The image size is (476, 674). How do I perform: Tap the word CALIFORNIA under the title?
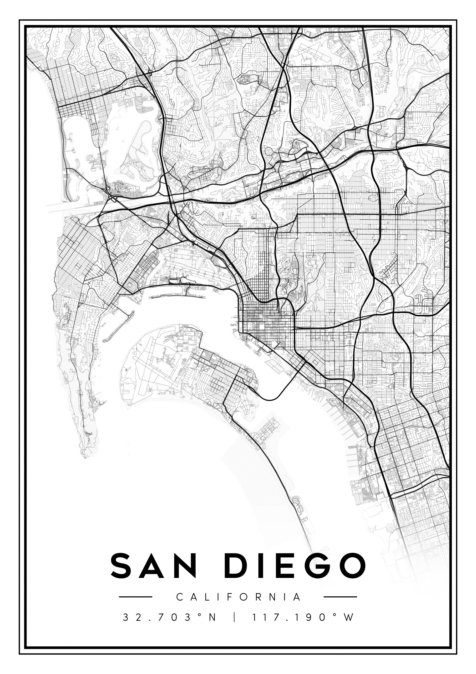[x=238, y=597]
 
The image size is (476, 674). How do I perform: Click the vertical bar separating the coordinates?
[x=234, y=617]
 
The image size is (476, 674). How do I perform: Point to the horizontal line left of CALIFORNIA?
[x=135, y=597]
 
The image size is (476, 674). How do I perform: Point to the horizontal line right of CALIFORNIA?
[x=340, y=597]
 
